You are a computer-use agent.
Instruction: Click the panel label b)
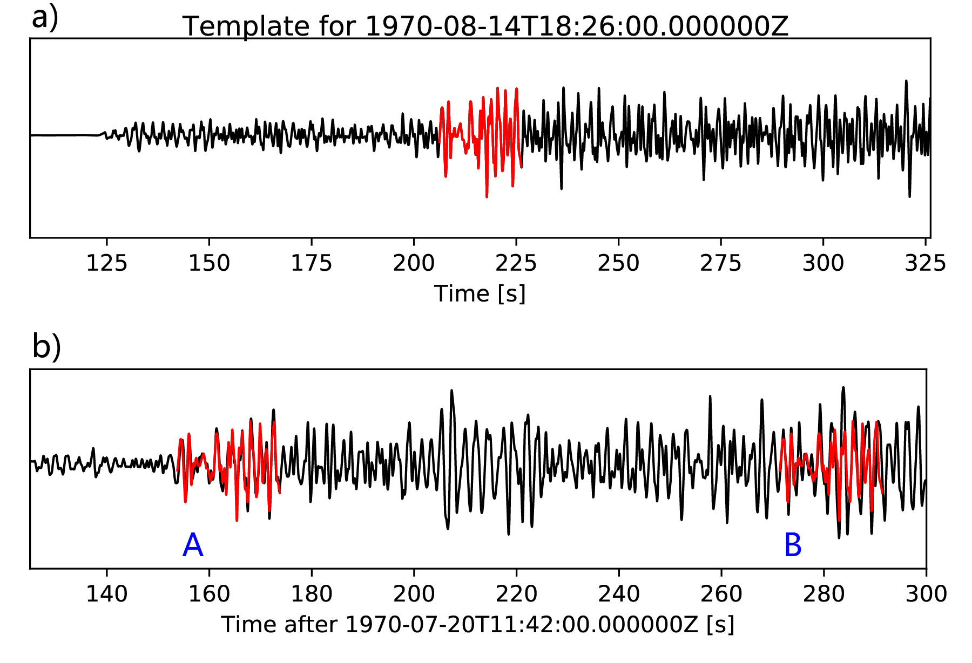point(46,346)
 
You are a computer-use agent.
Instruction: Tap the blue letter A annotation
point(193,545)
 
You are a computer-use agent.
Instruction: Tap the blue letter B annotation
point(793,545)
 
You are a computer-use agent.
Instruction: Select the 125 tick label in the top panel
point(106,263)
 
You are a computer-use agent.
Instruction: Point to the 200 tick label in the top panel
point(414,263)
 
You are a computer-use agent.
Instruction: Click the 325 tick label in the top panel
point(925,263)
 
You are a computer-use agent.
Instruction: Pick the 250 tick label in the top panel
point(618,263)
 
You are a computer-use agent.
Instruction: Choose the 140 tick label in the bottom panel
point(106,594)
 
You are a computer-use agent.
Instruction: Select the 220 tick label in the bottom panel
point(516,594)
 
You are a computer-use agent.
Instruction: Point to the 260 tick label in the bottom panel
point(721,594)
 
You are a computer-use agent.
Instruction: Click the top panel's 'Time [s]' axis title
point(480,294)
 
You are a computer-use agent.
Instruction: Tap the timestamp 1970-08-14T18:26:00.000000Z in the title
point(577,26)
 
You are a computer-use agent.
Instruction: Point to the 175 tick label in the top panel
point(311,263)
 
